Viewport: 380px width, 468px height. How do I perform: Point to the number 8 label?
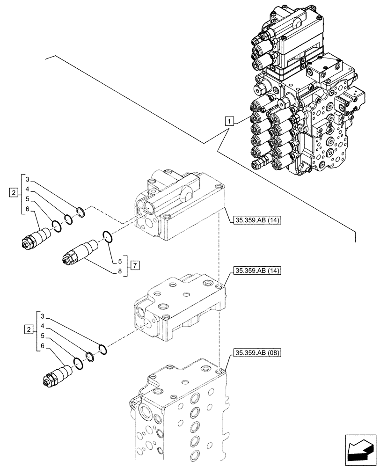(120, 271)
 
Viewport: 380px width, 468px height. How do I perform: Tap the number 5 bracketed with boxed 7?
(120, 261)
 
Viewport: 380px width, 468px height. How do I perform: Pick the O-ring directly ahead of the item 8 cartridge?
(107, 238)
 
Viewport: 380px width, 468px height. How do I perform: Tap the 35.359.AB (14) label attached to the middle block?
(256, 271)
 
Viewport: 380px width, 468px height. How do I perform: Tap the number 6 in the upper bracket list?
(28, 209)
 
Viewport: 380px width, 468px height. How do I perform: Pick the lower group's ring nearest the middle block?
(102, 349)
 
